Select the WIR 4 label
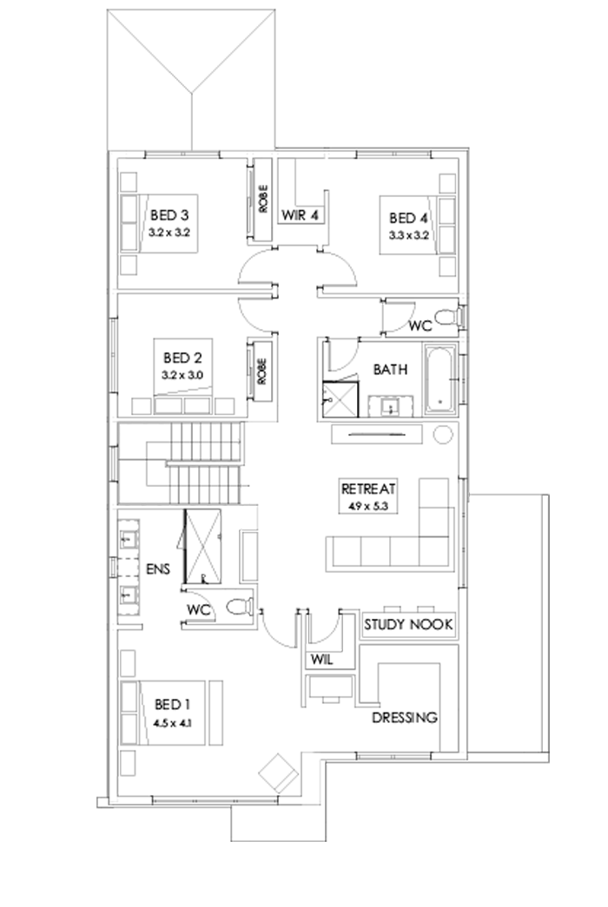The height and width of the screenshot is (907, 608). pyautogui.click(x=301, y=213)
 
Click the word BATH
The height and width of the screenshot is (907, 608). pyautogui.click(x=390, y=370)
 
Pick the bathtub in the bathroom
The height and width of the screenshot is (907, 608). pyautogui.click(x=440, y=378)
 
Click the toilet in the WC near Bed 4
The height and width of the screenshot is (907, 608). pyautogui.click(x=446, y=318)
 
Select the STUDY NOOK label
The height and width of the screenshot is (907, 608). pyautogui.click(x=407, y=624)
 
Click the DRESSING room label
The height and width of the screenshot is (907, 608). pyautogui.click(x=404, y=719)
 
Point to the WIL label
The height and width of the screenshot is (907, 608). pyautogui.click(x=321, y=660)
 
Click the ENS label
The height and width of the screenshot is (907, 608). pyautogui.click(x=159, y=569)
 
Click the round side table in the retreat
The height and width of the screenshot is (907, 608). pyautogui.click(x=443, y=435)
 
